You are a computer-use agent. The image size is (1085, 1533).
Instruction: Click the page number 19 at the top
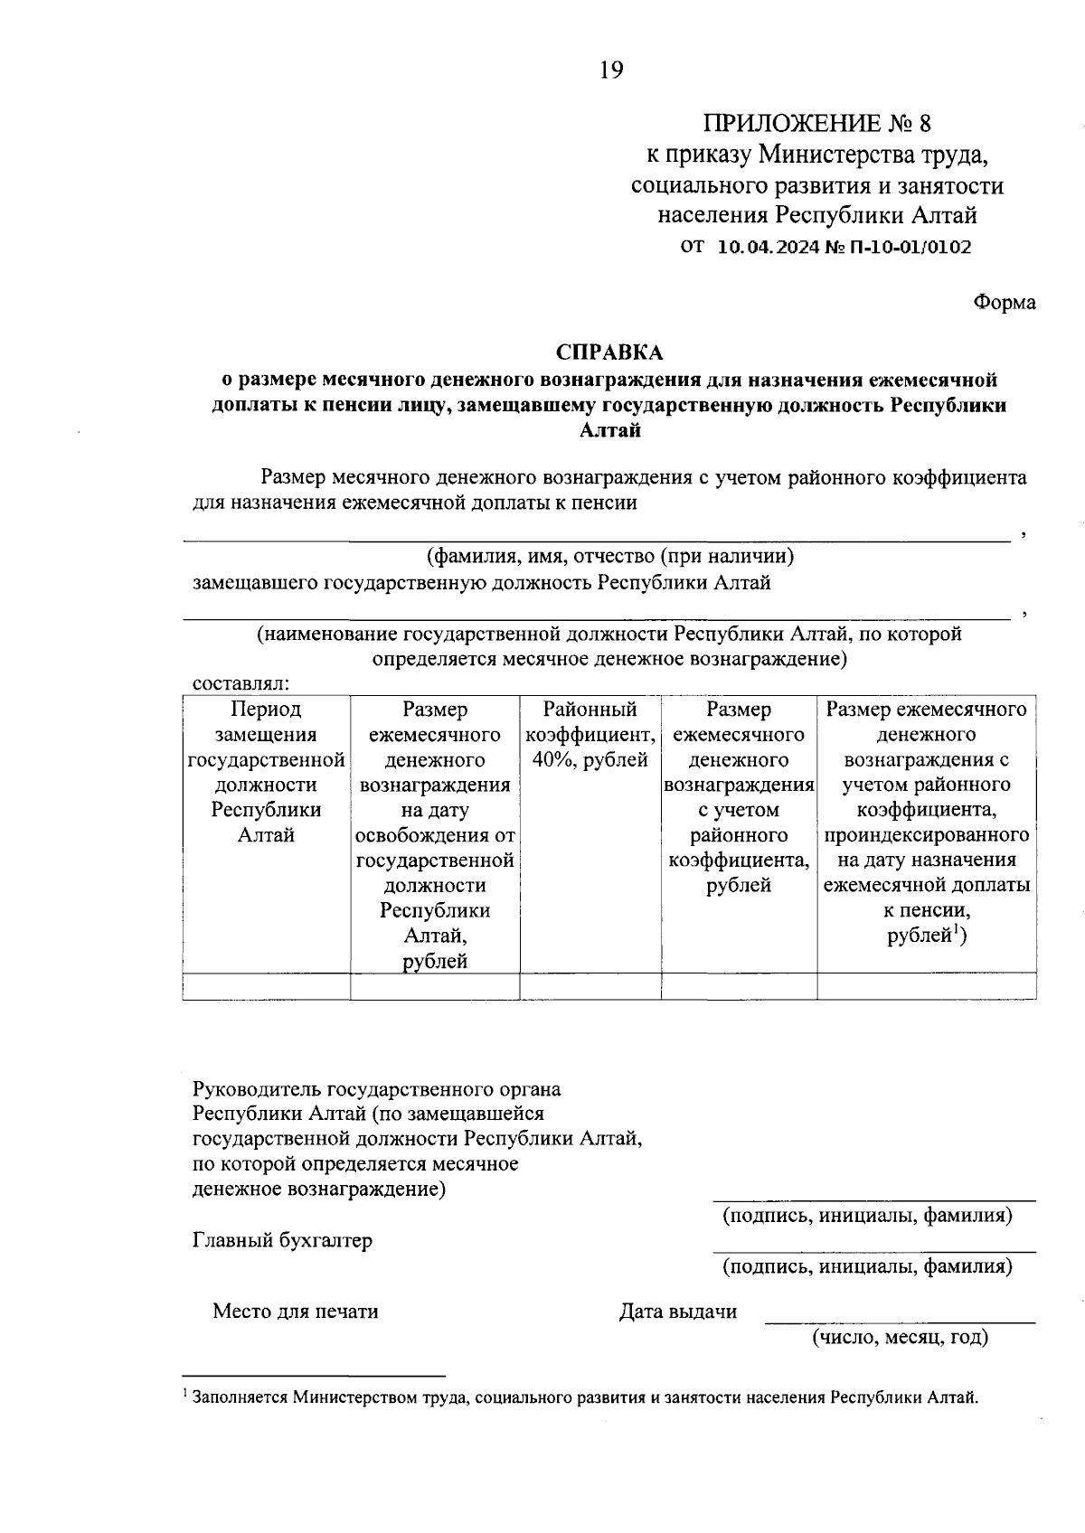click(610, 70)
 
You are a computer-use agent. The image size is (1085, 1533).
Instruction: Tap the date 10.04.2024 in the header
click(769, 247)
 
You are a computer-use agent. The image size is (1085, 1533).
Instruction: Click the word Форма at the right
click(1004, 303)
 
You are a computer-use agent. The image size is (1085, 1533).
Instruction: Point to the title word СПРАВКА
click(609, 352)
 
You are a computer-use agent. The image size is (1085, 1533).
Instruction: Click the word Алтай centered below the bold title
click(609, 430)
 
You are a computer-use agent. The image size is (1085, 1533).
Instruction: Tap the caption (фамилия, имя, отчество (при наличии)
click(610, 556)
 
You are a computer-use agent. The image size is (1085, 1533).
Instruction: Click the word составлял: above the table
click(241, 683)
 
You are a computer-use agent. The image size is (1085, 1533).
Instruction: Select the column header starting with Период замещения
click(266, 772)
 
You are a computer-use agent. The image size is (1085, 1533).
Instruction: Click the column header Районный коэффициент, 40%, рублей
click(590, 734)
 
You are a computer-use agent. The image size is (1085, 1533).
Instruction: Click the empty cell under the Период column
click(266, 986)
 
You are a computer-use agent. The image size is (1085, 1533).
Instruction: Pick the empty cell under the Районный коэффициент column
click(590, 986)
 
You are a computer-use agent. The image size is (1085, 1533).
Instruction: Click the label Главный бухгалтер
click(282, 1240)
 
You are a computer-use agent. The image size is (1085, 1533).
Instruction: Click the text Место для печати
click(296, 1311)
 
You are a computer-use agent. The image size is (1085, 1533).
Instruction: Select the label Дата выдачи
click(678, 1311)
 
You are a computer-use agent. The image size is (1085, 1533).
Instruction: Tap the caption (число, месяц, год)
click(899, 1337)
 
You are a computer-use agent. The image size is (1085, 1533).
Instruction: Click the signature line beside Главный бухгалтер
click(873, 1251)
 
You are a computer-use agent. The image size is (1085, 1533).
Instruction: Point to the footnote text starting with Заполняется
click(585, 1397)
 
